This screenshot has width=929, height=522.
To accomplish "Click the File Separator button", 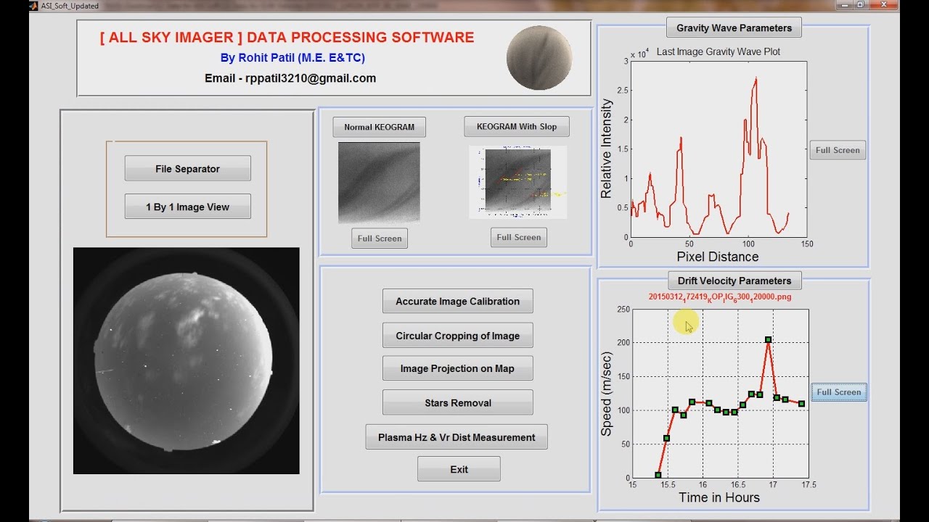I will coord(187,169).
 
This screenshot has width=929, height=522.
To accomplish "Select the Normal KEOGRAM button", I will coord(379,127).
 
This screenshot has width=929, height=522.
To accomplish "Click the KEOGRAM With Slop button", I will coord(517,127).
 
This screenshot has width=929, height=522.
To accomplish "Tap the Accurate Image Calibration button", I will coord(457,302).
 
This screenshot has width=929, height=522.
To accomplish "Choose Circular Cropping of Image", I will coord(457,336).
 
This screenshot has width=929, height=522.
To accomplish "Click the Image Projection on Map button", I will coord(457,368).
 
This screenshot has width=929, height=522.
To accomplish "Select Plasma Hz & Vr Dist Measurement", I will coord(457,437).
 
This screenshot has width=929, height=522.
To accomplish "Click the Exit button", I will coord(459,469).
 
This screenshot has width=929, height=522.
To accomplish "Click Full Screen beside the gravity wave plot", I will coord(837,150).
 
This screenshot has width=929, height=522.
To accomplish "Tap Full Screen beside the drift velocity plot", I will coord(838,392).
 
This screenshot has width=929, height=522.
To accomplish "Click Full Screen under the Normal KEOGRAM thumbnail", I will coord(379,239).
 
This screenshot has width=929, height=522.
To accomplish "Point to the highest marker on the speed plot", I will coord(768,339).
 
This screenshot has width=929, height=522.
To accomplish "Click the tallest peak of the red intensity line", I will coord(756,78).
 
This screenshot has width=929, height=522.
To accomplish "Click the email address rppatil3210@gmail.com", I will coord(290,78).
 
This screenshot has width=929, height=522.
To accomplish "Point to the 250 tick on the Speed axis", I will coord(622,309).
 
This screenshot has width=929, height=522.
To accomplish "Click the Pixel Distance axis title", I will coord(717,257).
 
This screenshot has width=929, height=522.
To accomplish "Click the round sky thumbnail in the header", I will coord(539,58).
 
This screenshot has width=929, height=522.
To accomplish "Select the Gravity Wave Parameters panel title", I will coord(734,28).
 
